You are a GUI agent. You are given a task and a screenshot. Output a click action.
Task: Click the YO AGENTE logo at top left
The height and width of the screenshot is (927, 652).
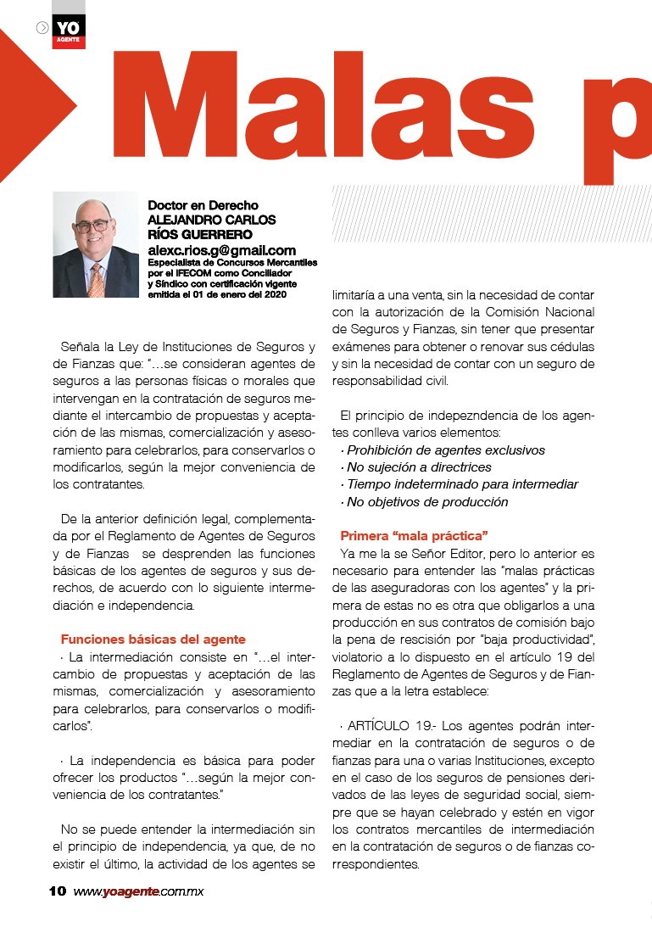(x=69, y=31)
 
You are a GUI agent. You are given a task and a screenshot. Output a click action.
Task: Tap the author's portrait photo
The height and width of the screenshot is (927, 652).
(x=95, y=244)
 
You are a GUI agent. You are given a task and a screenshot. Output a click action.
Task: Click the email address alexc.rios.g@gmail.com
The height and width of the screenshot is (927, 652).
(x=221, y=250)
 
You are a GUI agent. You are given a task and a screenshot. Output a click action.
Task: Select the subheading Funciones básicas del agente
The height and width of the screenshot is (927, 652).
(x=153, y=639)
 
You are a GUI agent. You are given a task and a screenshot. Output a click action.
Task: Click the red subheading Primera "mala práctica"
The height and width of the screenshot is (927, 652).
(x=414, y=536)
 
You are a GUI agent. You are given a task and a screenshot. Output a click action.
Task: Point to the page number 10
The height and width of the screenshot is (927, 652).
(x=58, y=891)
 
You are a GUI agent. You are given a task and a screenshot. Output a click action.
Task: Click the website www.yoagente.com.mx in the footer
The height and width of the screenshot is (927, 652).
(x=138, y=891)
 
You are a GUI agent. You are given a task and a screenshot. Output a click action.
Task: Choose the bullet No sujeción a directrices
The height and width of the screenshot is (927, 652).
(x=419, y=467)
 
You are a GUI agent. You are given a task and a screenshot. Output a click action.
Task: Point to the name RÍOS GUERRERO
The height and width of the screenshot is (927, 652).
(x=200, y=234)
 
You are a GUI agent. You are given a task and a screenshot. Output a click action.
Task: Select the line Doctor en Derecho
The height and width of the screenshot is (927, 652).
(x=203, y=205)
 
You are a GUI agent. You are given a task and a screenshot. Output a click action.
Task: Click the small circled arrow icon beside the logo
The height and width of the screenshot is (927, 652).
(x=42, y=28)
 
